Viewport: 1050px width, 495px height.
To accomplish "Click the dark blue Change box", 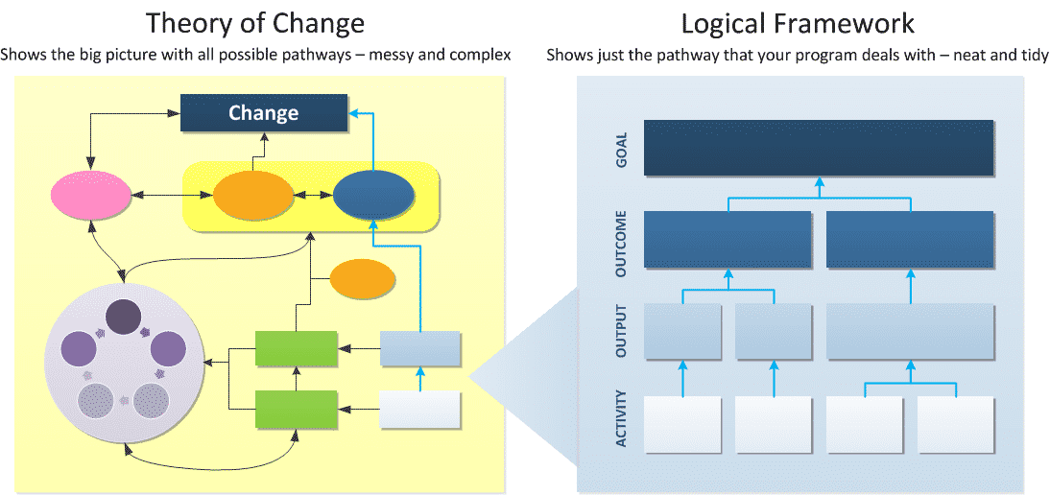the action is [x=264, y=112].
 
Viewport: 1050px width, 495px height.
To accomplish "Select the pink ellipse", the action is [x=91, y=196].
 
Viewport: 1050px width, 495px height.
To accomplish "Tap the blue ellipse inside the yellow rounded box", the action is [x=373, y=196].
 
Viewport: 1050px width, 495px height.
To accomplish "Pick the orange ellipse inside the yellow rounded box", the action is [x=253, y=196].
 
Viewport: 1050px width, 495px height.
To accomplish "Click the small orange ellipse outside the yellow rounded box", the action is [x=363, y=279].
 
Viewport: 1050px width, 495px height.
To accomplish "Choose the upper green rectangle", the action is [x=297, y=348].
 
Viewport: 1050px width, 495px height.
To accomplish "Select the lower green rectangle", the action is [x=297, y=409].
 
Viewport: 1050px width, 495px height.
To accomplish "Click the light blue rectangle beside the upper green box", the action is [x=420, y=348].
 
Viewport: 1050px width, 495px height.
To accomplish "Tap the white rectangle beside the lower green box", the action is [x=420, y=409].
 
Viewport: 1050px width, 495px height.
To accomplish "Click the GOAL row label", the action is [x=621, y=147].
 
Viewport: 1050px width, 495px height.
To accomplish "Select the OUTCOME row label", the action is [x=621, y=244].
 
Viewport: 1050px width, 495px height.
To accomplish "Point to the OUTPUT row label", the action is [x=621, y=332].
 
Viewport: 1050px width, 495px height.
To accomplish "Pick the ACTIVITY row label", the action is [x=621, y=418].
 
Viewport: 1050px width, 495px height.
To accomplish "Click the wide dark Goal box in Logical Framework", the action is [x=819, y=148].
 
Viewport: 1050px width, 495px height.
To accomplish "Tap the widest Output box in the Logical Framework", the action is [x=910, y=332].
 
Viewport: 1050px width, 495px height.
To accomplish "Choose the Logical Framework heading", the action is [x=798, y=23].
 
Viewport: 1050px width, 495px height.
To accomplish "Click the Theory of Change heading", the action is [x=256, y=23].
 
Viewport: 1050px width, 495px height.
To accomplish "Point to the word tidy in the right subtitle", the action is [x=1033, y=54].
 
